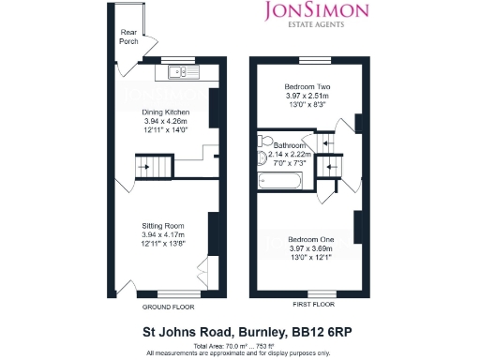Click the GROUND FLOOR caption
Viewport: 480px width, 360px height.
(x=168, y=306)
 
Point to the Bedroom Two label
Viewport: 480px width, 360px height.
(x=307, y=86)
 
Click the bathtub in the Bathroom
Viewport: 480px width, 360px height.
(x=278, y=178)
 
